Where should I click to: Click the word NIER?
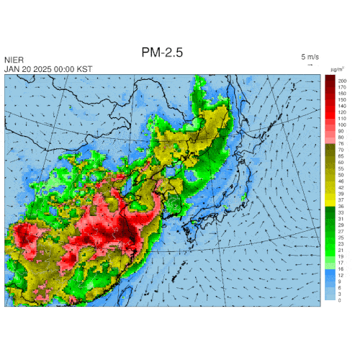(x=13, y=60)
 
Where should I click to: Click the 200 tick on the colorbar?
(x=342, y=81)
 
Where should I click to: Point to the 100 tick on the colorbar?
(x=342, y=125)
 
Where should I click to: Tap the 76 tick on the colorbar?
(x=341, y=144)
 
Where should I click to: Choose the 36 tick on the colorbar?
(x=341, y=206)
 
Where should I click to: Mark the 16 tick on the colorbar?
(x=341, y=269)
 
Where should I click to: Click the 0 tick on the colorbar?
(x=340, y=300)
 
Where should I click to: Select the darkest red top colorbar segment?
(x=330, y=79)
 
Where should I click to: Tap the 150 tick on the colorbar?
(x=342, y=99)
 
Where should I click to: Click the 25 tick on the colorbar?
(x=341, y=238)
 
